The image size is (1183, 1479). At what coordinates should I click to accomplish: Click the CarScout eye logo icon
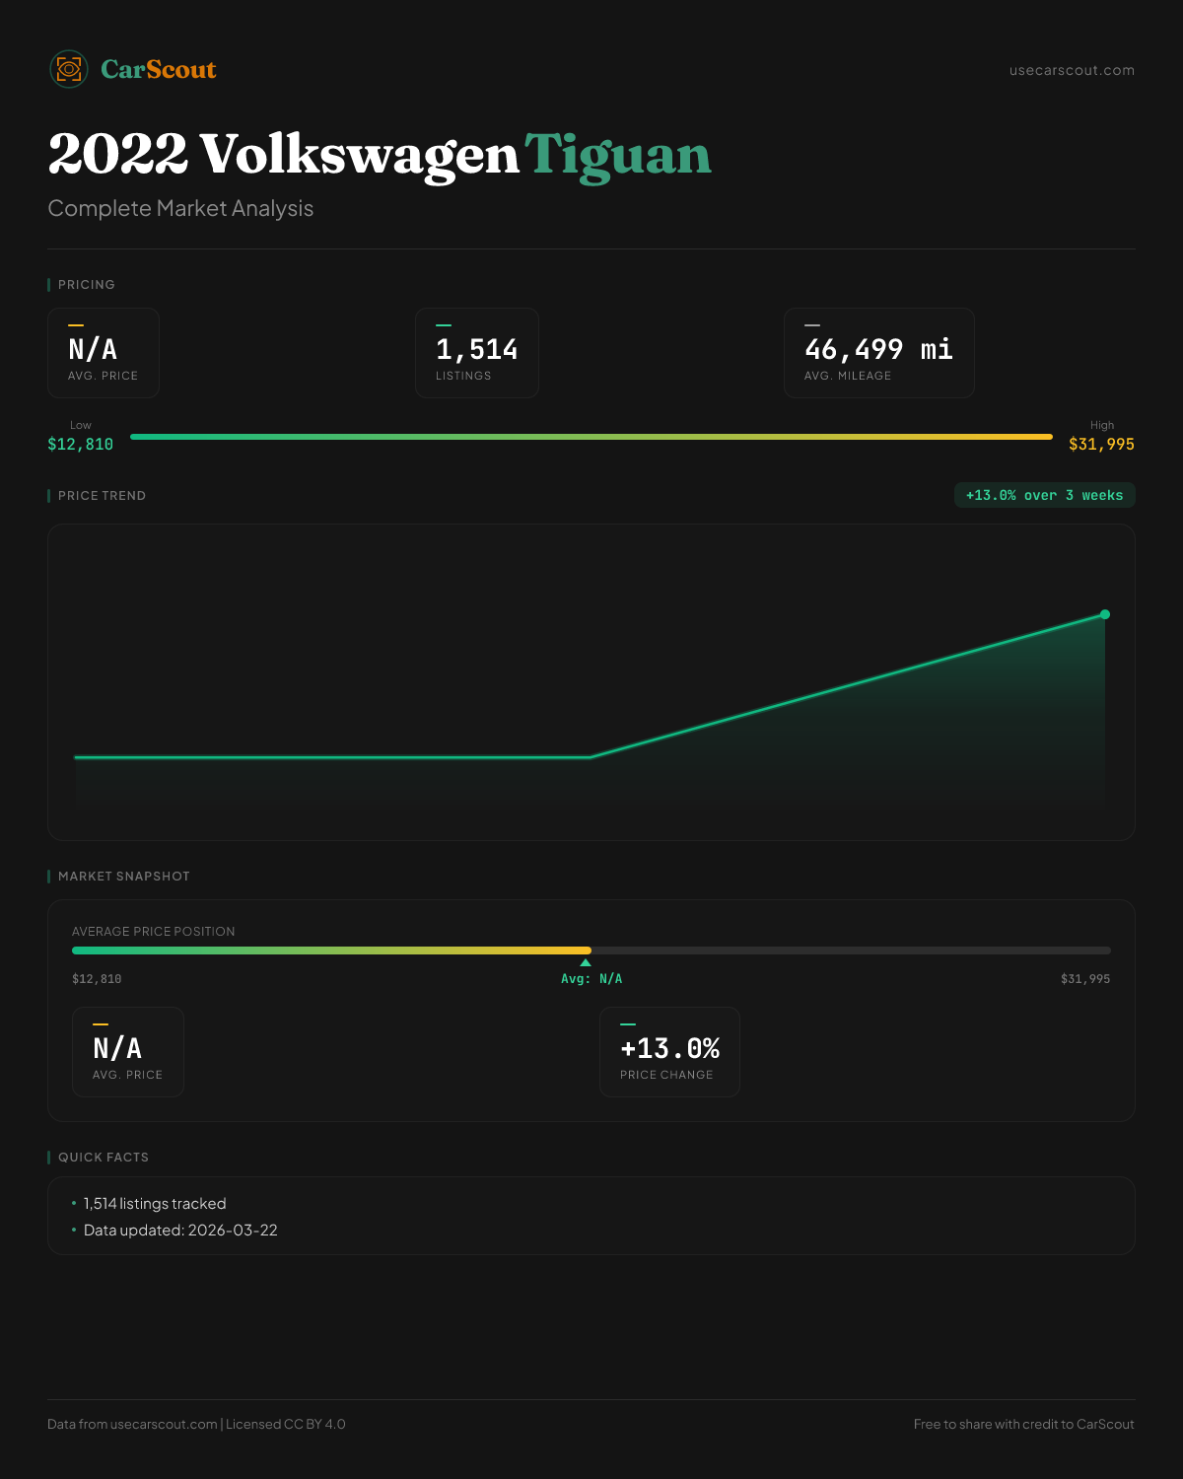click(69, 69)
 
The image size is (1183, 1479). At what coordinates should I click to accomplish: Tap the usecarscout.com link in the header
click(1072, 70)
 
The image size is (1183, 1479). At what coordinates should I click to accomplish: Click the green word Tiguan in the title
click(617, 156)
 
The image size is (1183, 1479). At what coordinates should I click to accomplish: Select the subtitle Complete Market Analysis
click(180, 209)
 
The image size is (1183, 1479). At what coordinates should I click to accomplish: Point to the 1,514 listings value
click(476, 349)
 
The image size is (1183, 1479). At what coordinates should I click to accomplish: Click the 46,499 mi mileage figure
click(878, 349)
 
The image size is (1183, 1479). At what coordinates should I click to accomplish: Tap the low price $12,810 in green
click(80, 445)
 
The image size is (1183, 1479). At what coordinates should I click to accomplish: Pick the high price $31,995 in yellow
click(1101, 445)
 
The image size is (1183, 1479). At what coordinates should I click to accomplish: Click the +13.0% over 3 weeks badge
click(1044, 495)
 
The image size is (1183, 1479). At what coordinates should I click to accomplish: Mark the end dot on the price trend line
click(1105, 614)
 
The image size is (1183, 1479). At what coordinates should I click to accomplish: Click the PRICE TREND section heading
click(102, 496)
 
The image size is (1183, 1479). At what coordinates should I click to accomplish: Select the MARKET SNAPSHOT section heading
click(123, 877)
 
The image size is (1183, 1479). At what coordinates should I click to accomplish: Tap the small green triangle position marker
click(586, 962)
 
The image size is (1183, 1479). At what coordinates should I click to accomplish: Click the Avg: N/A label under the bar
click(591, 979)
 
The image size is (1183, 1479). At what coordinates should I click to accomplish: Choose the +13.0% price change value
click(669, 1048)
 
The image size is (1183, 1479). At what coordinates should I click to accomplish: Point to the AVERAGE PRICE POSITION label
click(154, 932)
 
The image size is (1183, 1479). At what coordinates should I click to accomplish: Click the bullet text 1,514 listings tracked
click(155, 1204)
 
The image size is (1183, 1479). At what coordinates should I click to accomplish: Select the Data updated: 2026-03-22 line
click(180, 1231)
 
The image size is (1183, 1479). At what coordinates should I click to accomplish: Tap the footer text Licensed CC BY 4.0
click(286, 1424)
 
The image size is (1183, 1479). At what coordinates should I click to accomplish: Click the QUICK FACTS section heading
click(103, 1158)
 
